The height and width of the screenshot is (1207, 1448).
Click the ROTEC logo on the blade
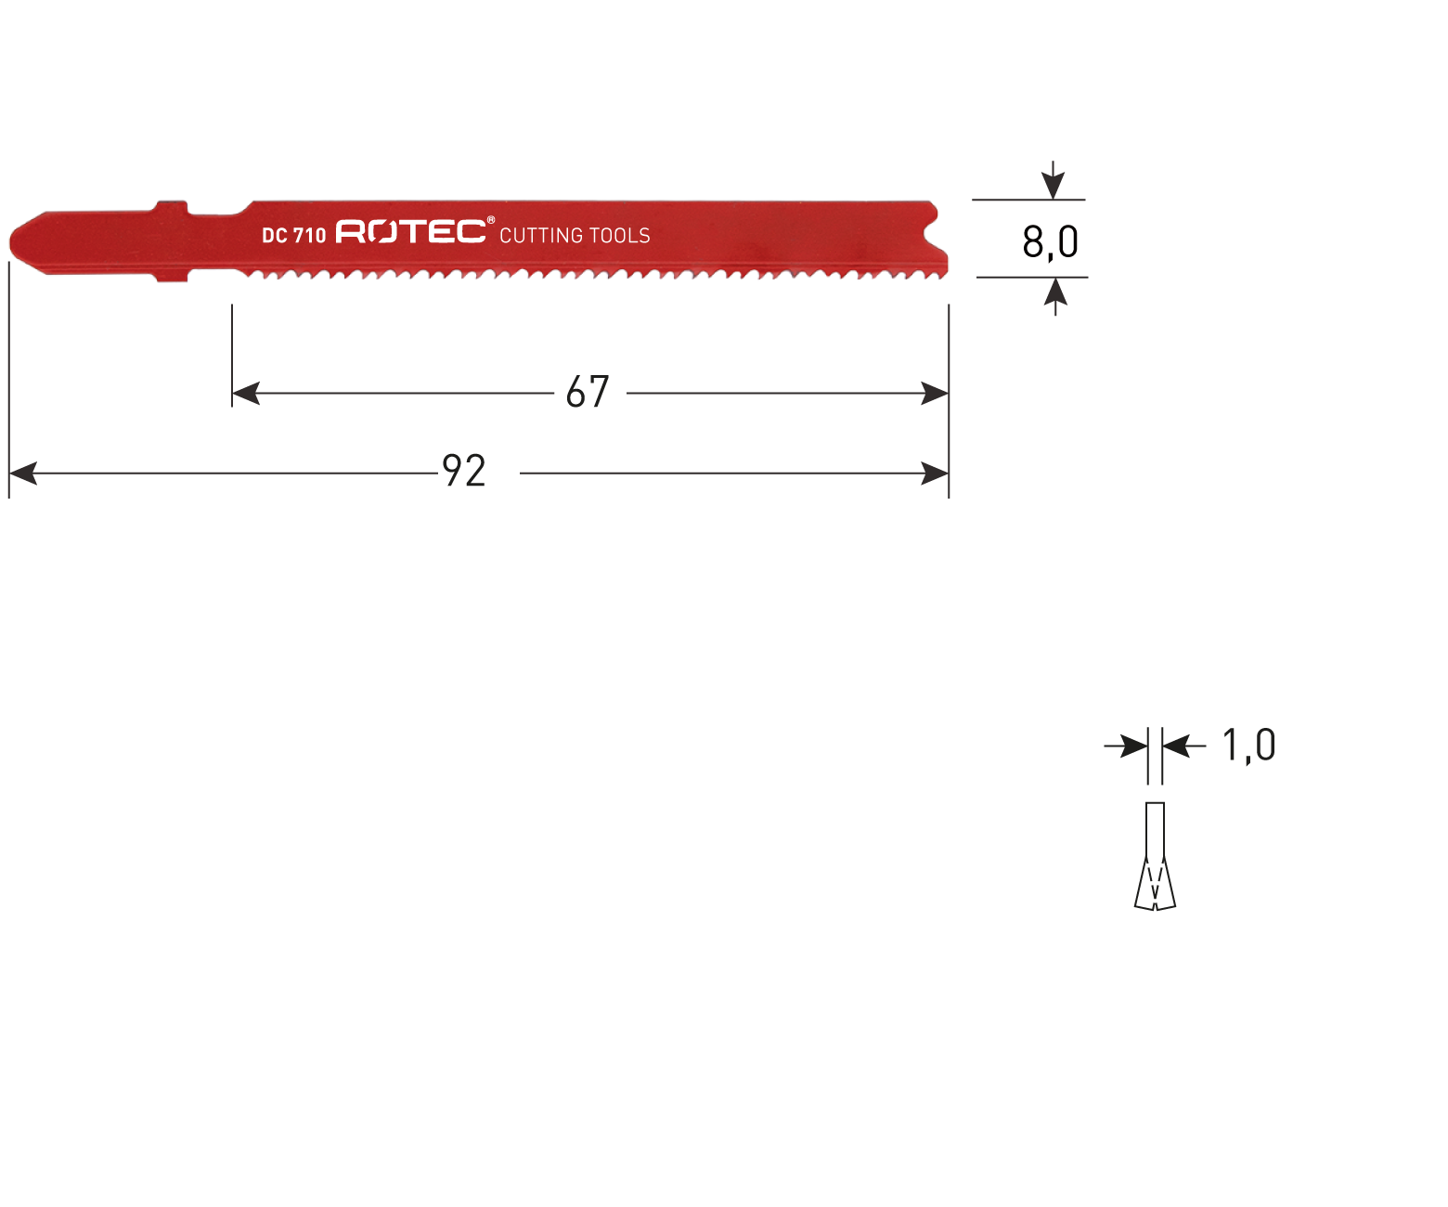(410, 232)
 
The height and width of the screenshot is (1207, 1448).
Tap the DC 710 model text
(294, 236)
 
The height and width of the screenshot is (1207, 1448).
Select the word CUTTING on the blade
(542, 236)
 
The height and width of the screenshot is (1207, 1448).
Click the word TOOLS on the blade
(621, 236)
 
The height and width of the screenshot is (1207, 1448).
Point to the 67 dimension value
(588, 392)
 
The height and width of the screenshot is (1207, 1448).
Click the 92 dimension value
(464, 471)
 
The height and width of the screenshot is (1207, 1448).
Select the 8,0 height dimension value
(1050, 242)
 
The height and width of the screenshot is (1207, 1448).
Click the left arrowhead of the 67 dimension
(245, 393)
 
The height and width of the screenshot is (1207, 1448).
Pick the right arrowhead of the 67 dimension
(935, 393)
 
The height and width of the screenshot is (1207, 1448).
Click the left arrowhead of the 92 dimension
(23, 474)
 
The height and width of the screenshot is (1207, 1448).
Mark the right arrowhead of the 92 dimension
(935, 474)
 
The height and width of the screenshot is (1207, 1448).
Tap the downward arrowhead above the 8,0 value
(1053, 186)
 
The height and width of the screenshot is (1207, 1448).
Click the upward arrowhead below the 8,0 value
(1055, 292)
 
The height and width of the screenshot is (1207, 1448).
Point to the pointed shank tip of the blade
(11, 242)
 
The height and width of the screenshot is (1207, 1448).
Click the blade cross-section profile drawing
(1155, 856)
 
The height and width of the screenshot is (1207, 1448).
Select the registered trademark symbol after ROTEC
(491, 220)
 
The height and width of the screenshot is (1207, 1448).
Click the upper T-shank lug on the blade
(172, 207)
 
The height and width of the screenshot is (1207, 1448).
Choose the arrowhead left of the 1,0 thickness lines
(1134, 746)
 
